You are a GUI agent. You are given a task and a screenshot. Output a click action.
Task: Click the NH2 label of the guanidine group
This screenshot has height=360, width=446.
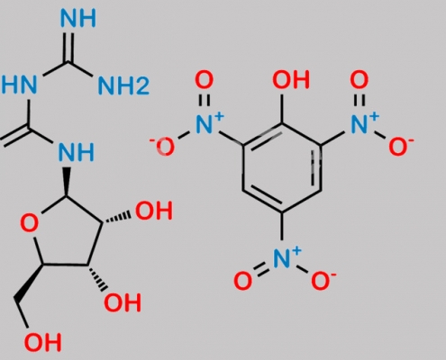pos(123,85)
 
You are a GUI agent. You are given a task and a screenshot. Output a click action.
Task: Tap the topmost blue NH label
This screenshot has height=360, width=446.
pos(78,18)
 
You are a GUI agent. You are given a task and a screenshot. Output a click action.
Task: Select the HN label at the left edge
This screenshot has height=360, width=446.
pos(19,85)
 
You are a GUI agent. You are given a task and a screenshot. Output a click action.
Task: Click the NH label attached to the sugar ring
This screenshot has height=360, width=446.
pos(77,152)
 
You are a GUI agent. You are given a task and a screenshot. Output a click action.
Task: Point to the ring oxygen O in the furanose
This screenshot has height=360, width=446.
pos(30,224)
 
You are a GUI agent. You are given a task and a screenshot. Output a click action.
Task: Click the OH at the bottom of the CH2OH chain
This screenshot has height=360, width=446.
pos(43,342)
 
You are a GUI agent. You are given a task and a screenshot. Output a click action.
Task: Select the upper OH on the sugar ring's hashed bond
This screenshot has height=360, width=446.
pos(154,211)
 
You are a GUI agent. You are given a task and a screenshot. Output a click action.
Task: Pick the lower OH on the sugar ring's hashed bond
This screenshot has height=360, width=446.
pos(123,302)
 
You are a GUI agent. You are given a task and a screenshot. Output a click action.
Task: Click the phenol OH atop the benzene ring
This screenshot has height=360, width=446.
pos(291,80)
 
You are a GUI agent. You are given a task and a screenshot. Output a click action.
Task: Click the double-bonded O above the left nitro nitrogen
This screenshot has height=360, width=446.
pos(205,80)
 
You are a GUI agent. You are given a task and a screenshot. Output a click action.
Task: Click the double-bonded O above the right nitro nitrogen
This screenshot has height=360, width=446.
pos(360,80)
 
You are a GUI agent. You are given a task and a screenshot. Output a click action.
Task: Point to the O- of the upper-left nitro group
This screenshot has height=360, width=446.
pos(162,147)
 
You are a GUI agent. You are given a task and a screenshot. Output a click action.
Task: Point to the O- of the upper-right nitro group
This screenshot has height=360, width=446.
pos(401,147)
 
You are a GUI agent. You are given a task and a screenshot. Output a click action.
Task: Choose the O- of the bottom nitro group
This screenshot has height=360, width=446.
pos(323,281)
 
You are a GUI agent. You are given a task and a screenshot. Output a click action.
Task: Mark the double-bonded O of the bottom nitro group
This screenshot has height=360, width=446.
pos(242,281)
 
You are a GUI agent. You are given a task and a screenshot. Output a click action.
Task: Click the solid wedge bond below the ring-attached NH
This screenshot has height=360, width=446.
pos(67,182)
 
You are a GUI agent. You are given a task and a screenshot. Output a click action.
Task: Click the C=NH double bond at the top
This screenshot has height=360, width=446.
pos(68,47)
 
